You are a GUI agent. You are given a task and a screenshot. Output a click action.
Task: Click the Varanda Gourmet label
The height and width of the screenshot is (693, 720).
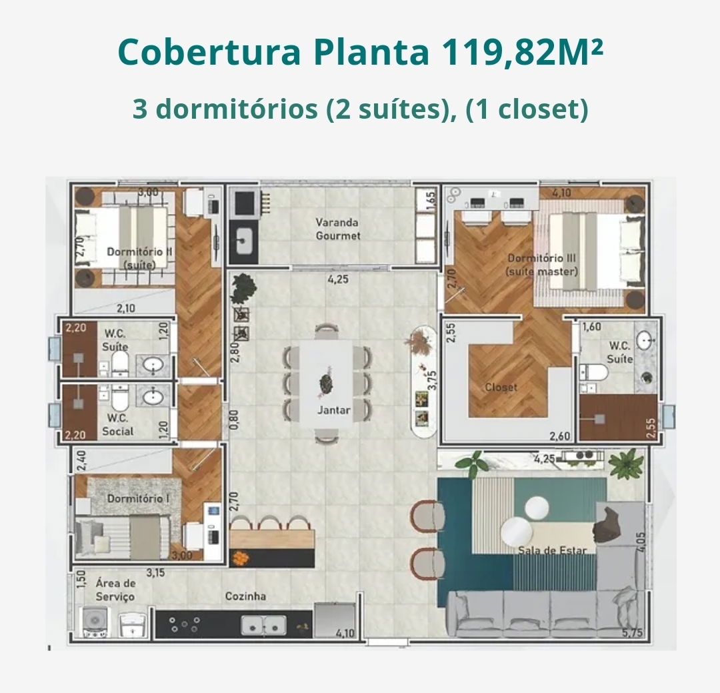pyautogui.click(x=337, y=229)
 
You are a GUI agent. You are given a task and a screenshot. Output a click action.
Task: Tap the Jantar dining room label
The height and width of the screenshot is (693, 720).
pyautogui.click(x=334, y=410)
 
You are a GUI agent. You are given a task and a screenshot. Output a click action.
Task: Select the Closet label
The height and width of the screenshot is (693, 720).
pyautogui.click(x=501, y=388)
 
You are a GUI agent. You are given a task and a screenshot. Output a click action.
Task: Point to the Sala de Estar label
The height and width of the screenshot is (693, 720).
pyautogui.click(x=553, y=550)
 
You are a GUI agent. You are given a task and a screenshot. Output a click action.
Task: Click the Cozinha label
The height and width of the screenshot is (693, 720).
pyautogui.click(x=245, y=596)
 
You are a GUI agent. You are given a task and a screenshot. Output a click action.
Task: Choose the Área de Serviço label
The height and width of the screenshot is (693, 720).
pyautogui.click(x=115, y=590)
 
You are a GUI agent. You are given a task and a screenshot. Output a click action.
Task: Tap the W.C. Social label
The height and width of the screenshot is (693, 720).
pyautogui.click(x=117, y=425)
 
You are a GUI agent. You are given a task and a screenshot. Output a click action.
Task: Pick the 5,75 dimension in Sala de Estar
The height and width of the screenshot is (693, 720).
pyautogui.click(x=632, y=633)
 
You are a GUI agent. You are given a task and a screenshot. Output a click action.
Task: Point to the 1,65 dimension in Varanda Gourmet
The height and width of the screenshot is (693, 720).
pyautogui.click(x=430, y=200)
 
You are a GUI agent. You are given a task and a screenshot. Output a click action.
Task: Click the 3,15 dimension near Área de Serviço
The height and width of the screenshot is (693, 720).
pyautogui.click(x=155, y=572)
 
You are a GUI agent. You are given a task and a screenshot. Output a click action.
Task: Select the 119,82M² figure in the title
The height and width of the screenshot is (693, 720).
pyautogui.click(x=522, y=52)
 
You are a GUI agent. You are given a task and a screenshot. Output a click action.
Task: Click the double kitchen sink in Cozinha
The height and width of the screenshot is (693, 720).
pyautogui.click(x=263, y=626)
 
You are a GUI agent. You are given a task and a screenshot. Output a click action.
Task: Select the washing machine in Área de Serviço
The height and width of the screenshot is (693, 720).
pyautogui.click(x=95, y=622)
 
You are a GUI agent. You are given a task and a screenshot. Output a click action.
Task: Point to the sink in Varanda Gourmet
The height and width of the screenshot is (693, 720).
pyautogui.click(x=244, y=240)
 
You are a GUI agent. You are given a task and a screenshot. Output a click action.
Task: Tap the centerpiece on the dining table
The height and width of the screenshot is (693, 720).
pyautogui.click(x=327, y=383)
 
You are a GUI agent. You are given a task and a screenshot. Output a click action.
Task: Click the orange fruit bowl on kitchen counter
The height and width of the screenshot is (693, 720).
pyautogui.click(x=240, y=558)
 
